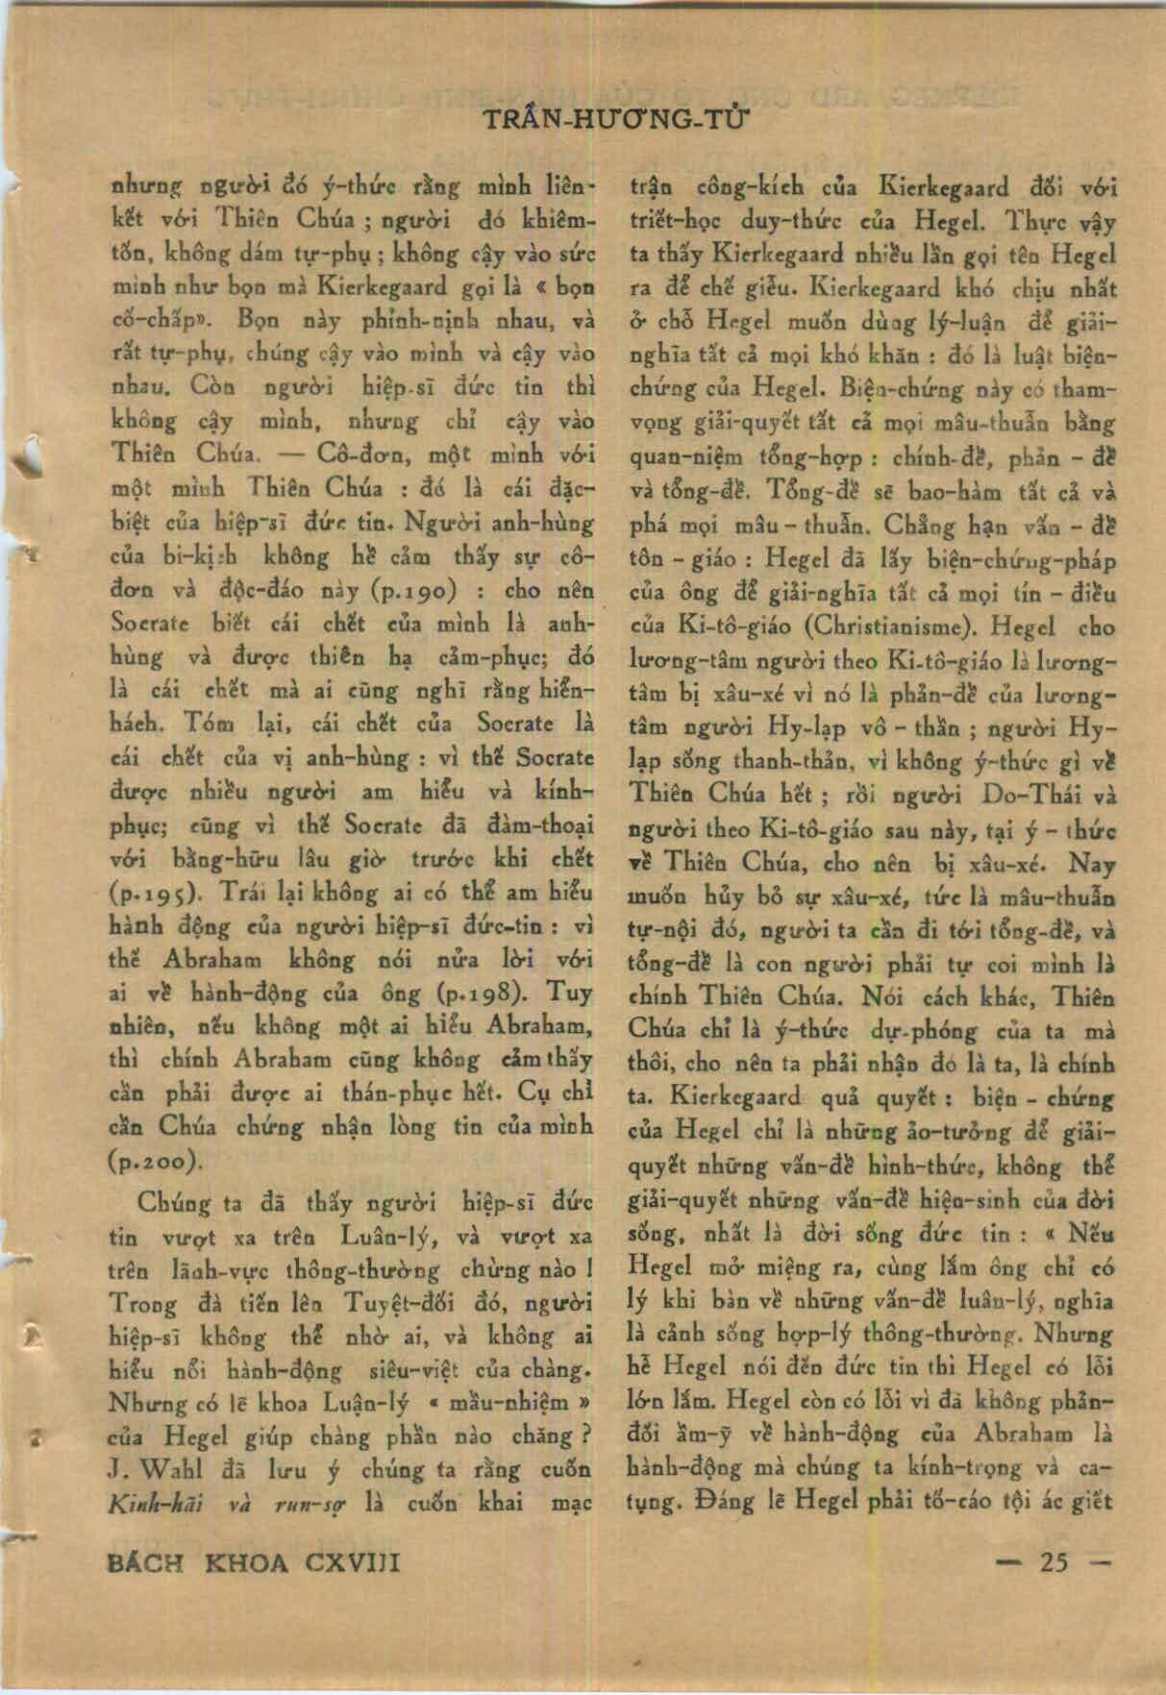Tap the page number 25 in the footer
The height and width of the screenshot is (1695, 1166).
pos(1053,1561)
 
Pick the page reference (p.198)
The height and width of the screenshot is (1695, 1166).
pos(478,992)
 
